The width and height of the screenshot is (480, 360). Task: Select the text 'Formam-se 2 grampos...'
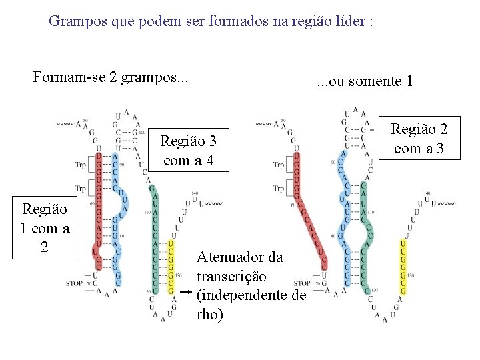coord(111,77)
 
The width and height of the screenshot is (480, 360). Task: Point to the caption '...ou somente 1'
coord(365,81)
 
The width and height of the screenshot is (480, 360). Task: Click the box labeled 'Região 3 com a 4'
coord(189,150)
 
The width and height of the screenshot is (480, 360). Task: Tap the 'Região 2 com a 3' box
coord(419,139)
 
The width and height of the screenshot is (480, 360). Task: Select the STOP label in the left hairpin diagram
coord(75,283)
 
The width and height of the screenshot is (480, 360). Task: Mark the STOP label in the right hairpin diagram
coord(302,283)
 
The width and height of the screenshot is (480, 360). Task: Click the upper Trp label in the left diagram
coord(81,164)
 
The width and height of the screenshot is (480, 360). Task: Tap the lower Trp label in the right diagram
coord(279,189)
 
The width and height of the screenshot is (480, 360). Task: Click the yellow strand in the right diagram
coord(403,267)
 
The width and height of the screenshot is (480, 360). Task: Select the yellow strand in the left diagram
coord(171,267)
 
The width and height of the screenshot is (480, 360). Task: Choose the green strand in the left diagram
coord(154,240)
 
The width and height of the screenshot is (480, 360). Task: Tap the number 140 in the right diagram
coord(426,193)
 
